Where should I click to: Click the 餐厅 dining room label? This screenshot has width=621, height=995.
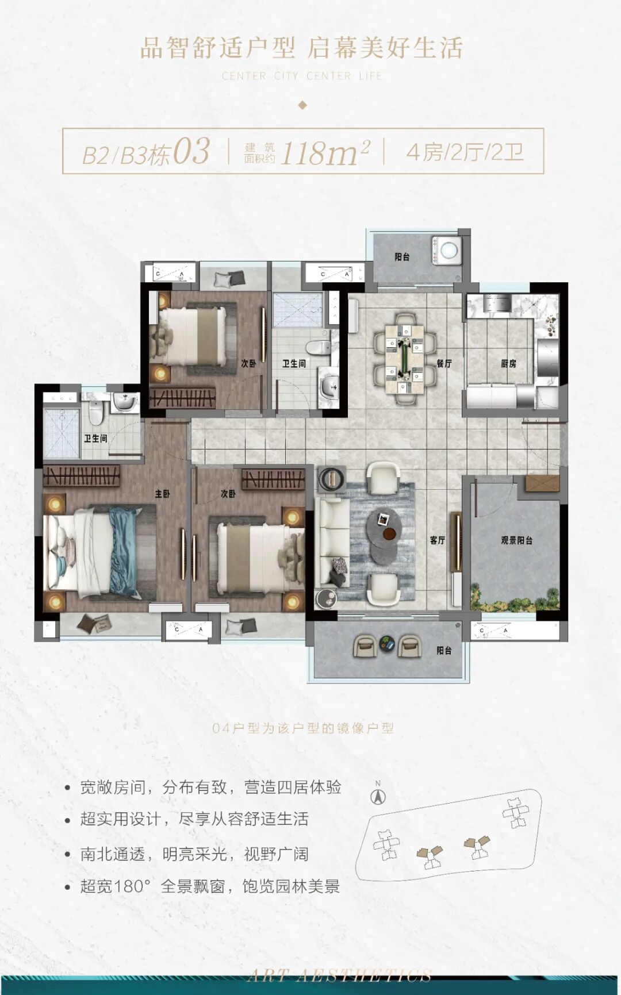pyautogui.click(x=444, y=363)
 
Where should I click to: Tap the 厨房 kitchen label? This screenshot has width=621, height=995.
pyautogui.click(x=508, y=363)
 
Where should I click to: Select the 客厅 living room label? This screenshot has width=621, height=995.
pyautogui.click(x=438, y=540)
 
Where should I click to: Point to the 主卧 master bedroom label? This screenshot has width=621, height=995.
pyautogui.click(x=163, y=494)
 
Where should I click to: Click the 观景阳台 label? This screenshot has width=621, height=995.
pyautogui.click(x=516, y=540)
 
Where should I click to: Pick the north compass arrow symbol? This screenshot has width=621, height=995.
pyautogui.click(x=378, y=797)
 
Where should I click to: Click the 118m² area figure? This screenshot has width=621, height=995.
pyautogui.click(x=325, y=152)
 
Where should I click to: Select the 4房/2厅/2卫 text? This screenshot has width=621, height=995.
pyautogui.click(x=465, y=152)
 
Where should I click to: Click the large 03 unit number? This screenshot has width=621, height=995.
pyautogui.click(x=191, y=152)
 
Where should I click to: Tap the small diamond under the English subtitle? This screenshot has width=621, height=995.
pyautogui.click(x=303, y=105)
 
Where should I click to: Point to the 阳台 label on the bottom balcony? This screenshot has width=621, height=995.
pyautogui.click(x=444, y=650)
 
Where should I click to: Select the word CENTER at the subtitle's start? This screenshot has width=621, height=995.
pyautogui.click(x=244, y=76)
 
